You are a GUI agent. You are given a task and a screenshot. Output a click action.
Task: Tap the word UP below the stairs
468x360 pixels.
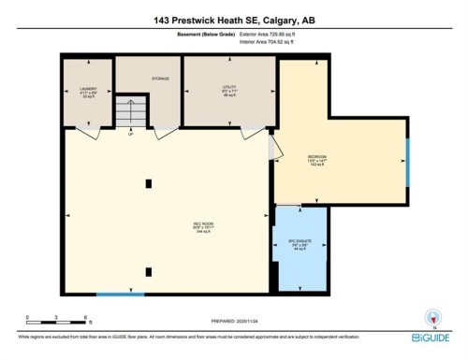point(130,134)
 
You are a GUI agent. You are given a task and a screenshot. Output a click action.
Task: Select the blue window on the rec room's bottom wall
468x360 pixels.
point(113,295)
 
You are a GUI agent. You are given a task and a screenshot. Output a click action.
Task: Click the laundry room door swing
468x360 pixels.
point(86,134)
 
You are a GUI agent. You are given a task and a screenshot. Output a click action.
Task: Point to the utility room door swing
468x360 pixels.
point(252,134)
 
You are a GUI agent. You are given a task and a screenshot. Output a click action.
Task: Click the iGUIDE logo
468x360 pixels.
point(430,336)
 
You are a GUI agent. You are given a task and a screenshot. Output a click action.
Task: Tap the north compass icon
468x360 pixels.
point(431,317)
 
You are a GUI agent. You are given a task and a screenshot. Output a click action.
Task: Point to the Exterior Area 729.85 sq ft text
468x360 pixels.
point(272,34)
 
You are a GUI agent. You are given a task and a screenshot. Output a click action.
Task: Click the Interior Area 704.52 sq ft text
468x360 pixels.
point(272,42)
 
